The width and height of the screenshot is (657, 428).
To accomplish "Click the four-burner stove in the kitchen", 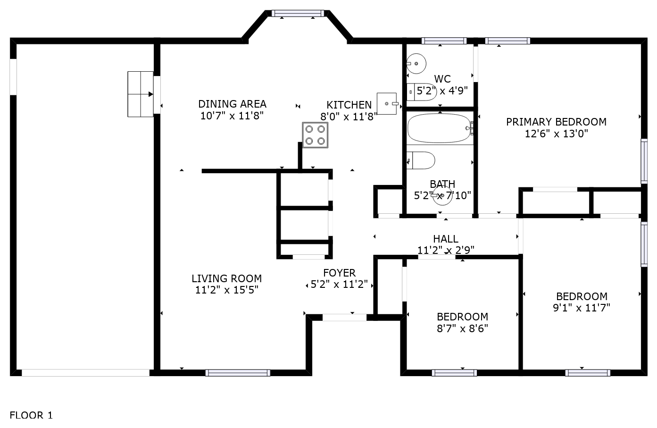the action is pos(315,135).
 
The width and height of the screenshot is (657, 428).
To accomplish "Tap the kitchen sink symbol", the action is pos(387,104).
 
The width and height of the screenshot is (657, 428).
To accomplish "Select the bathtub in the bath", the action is pos(440,128).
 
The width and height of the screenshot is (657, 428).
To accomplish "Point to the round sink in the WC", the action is pos(416,64).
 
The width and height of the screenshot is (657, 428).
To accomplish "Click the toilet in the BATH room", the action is pos(421,160).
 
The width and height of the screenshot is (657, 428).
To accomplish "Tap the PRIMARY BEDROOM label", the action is pos(556,122).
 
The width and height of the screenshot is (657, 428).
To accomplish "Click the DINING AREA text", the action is pos(232,104).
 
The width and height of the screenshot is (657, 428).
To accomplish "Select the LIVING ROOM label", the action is pos(226,278).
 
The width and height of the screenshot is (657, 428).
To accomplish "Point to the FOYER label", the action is pos(340,273).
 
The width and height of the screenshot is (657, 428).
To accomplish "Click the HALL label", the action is pos(446,239).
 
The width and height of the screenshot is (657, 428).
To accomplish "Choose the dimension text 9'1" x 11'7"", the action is pos(582,308).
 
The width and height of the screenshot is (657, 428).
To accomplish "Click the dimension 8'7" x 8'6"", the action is pos(462,328).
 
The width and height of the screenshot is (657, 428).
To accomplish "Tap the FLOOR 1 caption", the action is pos(31,415).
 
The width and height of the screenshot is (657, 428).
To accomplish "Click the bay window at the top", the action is pos(298,14).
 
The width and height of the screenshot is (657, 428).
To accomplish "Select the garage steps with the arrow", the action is pos(141,94).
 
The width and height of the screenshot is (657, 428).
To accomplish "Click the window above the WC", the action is pos(444,41).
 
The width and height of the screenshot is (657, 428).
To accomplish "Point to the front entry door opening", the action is pos(344,317).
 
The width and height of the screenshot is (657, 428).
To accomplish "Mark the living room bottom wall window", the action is pos(238,373).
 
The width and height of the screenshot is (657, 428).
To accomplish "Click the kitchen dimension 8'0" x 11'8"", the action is pos(349,117).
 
